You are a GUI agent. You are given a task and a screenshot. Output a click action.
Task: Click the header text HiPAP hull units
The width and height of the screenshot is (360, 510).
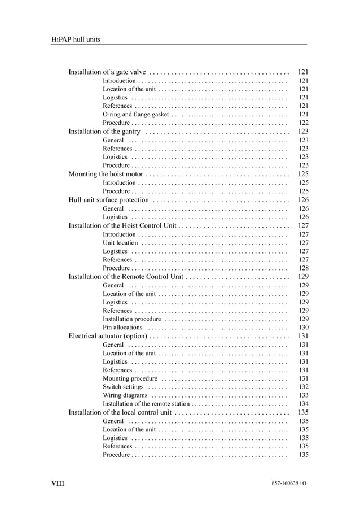[76, 39]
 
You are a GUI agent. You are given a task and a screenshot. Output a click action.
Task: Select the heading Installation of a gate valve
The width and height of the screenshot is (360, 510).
[107, 72]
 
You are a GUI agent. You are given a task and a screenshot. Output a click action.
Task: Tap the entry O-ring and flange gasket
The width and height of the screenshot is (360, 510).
[135, 115]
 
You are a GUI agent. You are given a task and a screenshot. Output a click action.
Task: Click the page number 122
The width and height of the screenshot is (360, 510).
[303, 123]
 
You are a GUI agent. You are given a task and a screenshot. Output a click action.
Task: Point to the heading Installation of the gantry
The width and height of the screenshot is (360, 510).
[104, 132]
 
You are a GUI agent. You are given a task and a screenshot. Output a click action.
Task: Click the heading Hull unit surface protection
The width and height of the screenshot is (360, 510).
[108, 200]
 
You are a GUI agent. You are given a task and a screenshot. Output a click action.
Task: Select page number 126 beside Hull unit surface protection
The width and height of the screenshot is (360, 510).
[303, 200]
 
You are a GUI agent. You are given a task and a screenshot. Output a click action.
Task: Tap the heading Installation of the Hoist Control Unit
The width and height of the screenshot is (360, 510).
[123, 225]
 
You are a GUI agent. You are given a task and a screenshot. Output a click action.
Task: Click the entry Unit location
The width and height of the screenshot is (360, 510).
[120, 243]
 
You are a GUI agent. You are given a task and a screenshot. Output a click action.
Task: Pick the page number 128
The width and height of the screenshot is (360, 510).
[303, 268]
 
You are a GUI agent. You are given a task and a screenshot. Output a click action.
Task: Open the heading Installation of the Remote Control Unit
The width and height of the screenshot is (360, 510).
[126, 277]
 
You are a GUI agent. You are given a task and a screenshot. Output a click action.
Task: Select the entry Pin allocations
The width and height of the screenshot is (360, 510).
[122, 328]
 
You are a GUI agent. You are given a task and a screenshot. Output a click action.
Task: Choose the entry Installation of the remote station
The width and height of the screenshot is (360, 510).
[146, 404]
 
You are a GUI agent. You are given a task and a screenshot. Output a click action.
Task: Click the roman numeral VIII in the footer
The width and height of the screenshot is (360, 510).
[58, 483]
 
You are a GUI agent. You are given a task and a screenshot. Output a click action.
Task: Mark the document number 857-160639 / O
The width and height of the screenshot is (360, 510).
[289, 484]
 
